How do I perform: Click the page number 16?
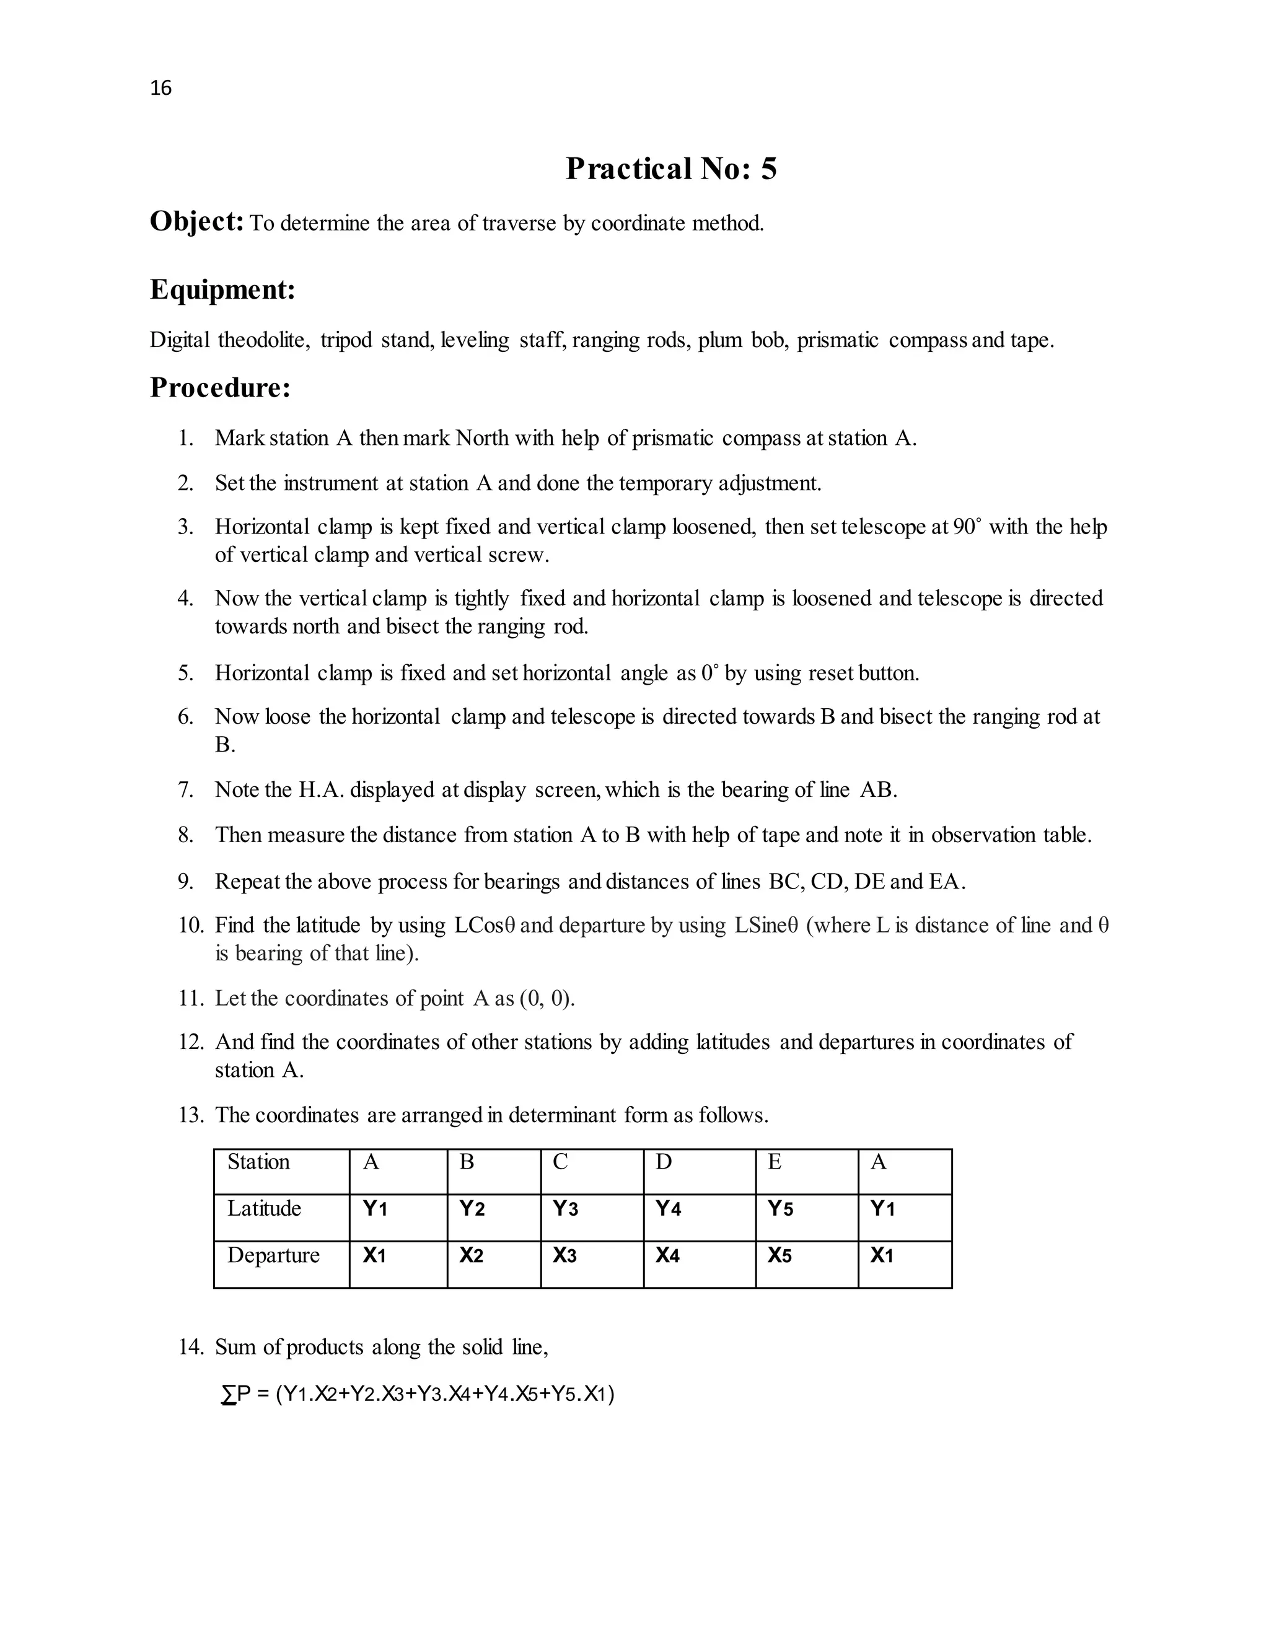tap(161, 88)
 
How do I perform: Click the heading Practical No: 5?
tap(670, 169)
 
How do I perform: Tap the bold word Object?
tap(196, 222)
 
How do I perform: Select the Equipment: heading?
tap(222, 289)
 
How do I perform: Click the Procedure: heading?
tap(220, 388)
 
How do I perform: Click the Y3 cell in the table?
tap(565, 1209)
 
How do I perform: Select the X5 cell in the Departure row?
tap(779, 1255)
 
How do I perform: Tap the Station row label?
tap(258, 1162)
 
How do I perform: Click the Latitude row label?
tap(264, 1209)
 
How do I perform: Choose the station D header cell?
tap(663, 1162)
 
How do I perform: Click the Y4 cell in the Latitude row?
tap(669, 1209)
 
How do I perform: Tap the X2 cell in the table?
tap(472, 1255)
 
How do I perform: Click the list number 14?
tap(190, 1347)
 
